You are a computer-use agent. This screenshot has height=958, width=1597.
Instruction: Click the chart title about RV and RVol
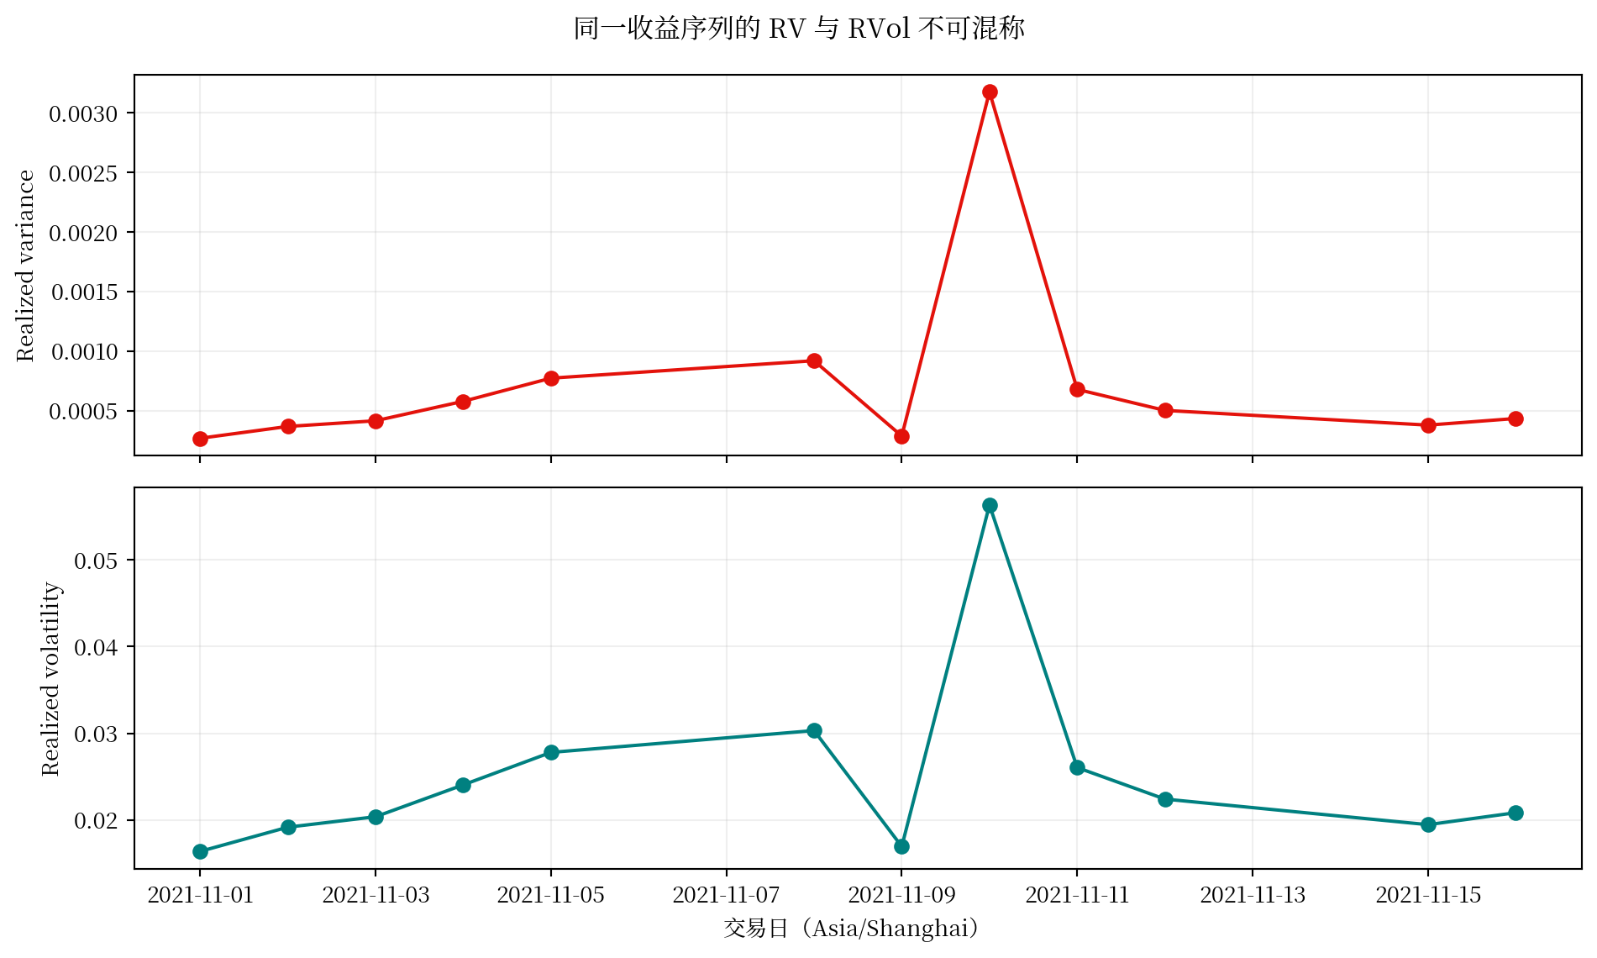[799, 29]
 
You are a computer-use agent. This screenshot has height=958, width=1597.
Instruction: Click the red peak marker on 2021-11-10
[990, 92]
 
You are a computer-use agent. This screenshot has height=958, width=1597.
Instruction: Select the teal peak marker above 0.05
[990, 505]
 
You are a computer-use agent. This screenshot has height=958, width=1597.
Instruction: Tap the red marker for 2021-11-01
[200, 439]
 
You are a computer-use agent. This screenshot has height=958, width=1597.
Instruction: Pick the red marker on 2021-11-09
[901, 436]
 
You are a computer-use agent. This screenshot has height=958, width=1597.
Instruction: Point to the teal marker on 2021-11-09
[901, 846]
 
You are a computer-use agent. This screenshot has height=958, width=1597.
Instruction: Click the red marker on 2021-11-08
[814, 361]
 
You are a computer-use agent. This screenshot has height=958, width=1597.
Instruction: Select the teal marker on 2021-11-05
[551, 752]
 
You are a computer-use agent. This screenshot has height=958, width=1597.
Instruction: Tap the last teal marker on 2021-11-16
[1516, 813]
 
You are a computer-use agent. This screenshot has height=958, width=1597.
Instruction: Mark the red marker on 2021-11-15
[1428, 425]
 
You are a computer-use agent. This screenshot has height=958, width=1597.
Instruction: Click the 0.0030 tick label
[83, 114]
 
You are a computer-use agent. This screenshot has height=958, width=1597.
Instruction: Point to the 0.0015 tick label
[83, 292]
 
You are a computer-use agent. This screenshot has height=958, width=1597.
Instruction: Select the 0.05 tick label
[96, 561]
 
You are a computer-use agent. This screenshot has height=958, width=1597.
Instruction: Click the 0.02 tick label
[96, 821]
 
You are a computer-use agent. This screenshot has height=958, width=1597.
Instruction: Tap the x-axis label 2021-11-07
[726, 895]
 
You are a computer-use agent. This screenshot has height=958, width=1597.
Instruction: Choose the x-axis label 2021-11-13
[1253, 895]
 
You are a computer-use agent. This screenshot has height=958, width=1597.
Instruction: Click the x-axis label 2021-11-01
[200, 895]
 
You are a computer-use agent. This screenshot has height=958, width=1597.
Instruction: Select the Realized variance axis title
[26, 266]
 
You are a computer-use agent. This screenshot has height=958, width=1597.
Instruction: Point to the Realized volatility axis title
[51, 678]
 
